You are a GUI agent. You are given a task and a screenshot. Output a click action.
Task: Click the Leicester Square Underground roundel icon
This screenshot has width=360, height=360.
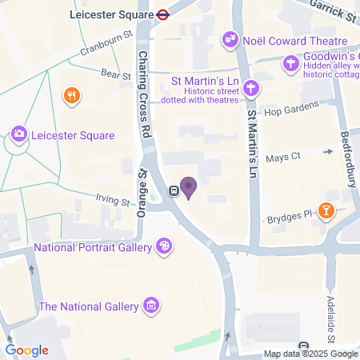tap(162, 14)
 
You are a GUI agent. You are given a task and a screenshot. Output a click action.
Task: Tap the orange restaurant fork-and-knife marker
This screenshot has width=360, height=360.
tap(72, 97)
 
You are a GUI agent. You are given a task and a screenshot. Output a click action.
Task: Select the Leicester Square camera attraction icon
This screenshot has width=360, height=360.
tap(18, 135)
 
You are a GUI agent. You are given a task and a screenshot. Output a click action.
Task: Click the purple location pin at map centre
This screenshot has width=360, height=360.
tap(189, 187)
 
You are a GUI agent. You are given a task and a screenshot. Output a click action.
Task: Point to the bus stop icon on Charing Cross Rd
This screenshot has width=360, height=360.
tap(174, 190)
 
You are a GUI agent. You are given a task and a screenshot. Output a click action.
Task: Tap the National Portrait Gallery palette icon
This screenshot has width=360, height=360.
tap(164, 247)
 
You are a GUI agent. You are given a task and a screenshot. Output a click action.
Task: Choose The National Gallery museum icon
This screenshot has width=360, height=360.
tap(150, 306)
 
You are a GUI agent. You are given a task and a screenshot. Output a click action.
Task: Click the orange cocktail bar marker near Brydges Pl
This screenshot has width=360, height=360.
tap(326, 210)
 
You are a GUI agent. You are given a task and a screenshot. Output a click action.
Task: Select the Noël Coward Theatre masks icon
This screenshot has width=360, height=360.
tap(231, 38)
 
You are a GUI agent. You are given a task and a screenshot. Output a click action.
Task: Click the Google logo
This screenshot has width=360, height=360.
tap(26, 350)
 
